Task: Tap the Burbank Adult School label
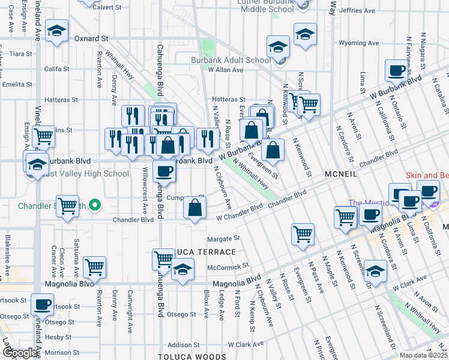[231, 60]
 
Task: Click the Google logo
[19, 353]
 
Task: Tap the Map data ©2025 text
[423, 355]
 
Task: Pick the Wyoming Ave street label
[359, 43]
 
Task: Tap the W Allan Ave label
[225, 70]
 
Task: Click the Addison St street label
[182, 345]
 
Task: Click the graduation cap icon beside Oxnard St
[56, 31]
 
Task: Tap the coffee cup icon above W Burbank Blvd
[396, 70]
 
